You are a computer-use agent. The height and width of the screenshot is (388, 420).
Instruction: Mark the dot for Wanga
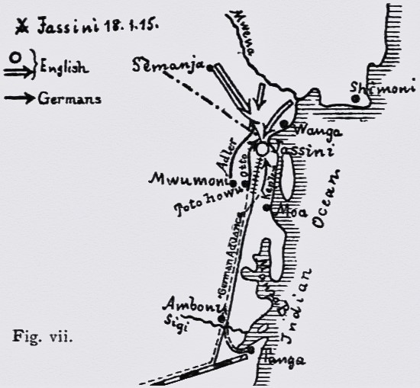click(283, 123)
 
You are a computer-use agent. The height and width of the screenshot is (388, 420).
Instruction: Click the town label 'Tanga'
click(285, 361)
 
